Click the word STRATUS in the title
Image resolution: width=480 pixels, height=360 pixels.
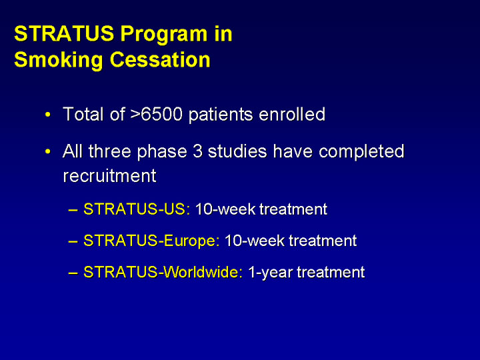[x=64, y=33]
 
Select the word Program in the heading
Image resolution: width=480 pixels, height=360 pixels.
[x=163, y=35]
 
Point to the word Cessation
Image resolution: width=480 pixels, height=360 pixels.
[x=160, y=59]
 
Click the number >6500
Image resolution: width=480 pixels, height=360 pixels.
[x=157, y=114]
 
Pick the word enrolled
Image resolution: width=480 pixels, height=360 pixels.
[x=292, y=114]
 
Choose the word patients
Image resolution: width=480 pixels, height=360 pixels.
[x=221, y=115]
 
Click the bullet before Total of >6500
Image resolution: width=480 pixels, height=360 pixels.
[x=47, y=115]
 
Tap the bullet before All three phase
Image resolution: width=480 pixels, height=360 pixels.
[x=47, y=151]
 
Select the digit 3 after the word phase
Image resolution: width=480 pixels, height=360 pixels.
[x=197, y=151]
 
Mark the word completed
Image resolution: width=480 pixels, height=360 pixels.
[x=361, y=152]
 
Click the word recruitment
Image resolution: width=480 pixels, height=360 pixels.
[x=109, y=176]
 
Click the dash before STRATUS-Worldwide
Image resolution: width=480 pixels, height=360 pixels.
[x=73, y=273]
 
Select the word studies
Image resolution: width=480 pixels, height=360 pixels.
[x=237, y=151]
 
